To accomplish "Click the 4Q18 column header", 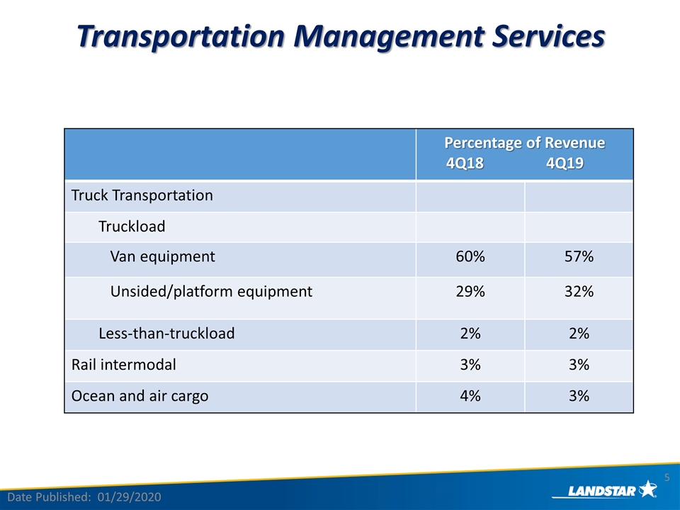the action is click(x=465, y=163).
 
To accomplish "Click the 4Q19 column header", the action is click(x=565, y=163).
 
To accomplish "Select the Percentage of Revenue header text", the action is click(x=525, y=142).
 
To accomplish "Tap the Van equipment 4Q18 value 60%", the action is click(x=470, y=256).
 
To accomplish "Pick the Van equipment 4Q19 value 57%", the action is click(x=579, y=256).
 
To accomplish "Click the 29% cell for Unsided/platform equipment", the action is click(x=470, y=291).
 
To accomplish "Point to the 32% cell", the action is click(x=579, y=291).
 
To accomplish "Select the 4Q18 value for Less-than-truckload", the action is click(x=470, y=334).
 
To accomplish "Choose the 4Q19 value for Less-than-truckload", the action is click(x=579, y=334).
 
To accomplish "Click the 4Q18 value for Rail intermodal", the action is click(x=470, y=365).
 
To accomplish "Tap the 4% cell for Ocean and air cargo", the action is click(x=470, y=396).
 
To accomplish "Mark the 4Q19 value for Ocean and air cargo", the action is click(x=579, y=396).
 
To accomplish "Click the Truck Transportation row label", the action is click(x=142, y=195).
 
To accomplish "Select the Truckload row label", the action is click(x=132, y=227).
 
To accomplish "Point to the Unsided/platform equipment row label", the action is click(x=211, y=291).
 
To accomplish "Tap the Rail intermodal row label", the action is click(x=123, y=365).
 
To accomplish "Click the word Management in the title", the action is click(x=388, y=36).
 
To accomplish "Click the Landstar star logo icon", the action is click(x=648, y=489).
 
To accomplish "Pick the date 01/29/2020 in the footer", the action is click(x=129, y=497).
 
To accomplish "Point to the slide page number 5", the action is click(x=667, y=478).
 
